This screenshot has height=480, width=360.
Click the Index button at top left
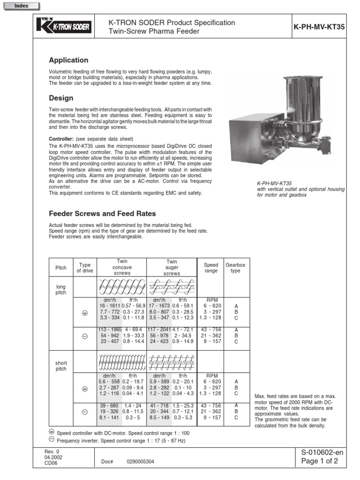pyautogui.click(x=21, y=6)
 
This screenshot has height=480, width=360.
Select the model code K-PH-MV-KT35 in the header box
pyautogui.click(x=319, y=27)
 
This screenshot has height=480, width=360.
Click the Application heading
pyautogui.click(x=68, y=60)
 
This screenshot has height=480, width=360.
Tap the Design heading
pyautogui.click(x=61, y=98)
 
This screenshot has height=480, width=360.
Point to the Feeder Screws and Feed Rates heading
pyautogui.click(x=96, y=213)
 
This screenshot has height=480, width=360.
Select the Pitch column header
pyautogui.click(x=61, y=268)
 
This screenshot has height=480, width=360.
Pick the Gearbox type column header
pyautogui.click(x=235, y=268)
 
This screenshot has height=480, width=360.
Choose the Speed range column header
pyautogui.click(x=211, y=268)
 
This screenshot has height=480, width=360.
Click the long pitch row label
pyautogui.click(x=61, y=289)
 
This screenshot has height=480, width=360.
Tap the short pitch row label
pyautogui.click(x=61, y=366)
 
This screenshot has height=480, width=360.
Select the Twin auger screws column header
pyautogui.click(x=172, y=268)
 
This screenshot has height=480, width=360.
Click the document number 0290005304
pyautogui.click(x=140, y=462)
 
